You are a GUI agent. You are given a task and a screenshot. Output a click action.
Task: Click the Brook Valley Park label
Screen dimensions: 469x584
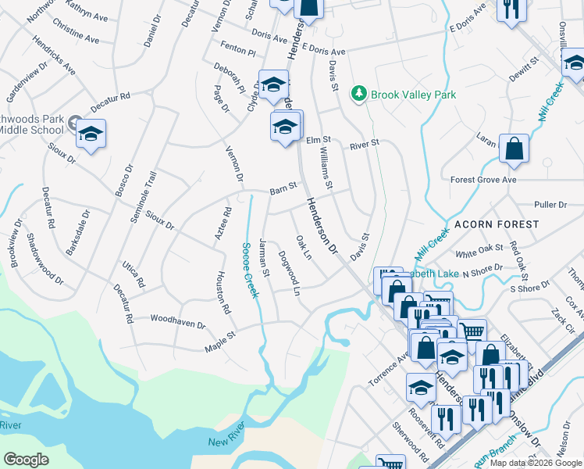tap(413, 95)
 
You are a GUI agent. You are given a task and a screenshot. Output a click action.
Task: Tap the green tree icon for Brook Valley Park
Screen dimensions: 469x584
tap(358, 94)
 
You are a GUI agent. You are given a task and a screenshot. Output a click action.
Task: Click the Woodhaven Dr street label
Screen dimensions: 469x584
tap(177, 321)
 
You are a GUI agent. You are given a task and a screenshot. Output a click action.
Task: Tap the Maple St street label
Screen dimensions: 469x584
tap(219, 338)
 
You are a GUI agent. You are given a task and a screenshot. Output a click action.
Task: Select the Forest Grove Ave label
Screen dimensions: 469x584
tap(483, 180)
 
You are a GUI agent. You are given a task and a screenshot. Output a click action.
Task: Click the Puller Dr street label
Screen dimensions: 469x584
tap(550, 205)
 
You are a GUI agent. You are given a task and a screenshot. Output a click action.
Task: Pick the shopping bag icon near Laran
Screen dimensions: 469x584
tap(514, 149)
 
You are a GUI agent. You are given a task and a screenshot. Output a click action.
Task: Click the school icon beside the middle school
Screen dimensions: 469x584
tap(91, 134)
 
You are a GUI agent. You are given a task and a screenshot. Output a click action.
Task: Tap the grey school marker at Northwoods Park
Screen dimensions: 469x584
tap(74, 122)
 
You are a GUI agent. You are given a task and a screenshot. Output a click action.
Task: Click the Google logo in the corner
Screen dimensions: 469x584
tap(26, 460)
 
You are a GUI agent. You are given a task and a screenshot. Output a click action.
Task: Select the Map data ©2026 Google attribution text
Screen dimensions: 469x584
tap(536, 463)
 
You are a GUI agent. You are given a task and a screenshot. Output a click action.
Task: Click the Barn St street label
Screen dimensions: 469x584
tap(283, 188)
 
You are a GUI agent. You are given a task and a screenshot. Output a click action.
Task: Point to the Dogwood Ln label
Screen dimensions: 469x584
tap(289, 272)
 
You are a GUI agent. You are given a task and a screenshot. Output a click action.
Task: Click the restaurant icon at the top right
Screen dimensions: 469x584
tap(511, 10)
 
